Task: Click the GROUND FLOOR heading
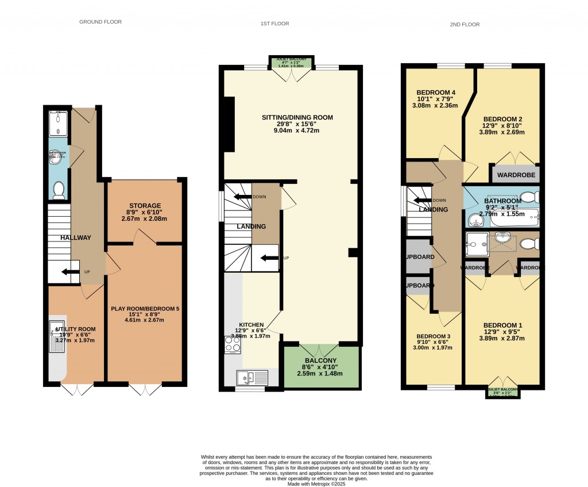coord(100,22)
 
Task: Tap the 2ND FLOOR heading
coord(465,25)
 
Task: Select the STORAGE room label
coord(145,205)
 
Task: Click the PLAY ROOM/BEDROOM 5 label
coord(145,309)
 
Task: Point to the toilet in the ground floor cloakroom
coord(59,190)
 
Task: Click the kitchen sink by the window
coord(252,378)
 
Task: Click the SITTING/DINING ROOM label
coord(297,117)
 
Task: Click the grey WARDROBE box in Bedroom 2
coord(514,173)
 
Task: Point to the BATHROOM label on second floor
coord(502,201)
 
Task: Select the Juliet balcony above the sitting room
coord(291,62)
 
